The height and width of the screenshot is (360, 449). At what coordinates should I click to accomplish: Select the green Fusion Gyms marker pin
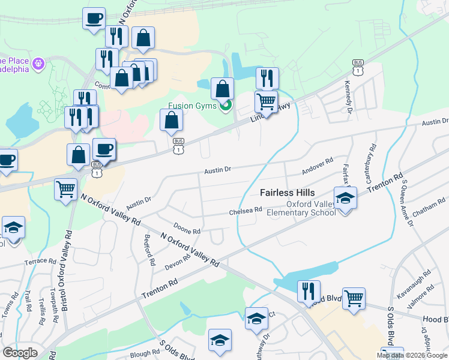[x=226, y=107]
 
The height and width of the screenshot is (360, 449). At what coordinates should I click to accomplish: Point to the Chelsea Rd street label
[x=246, y=211]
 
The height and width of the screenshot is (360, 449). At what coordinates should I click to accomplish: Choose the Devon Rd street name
[x=178, y=262]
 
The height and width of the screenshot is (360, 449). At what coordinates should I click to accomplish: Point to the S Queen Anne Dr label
[x=408, y=203]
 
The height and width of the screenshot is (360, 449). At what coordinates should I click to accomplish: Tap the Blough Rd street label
[x=144, y=354]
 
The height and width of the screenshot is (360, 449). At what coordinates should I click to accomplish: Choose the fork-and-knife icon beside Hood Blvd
[x=309, y=292]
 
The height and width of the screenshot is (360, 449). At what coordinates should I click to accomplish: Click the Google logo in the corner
[x=20, y=353]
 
